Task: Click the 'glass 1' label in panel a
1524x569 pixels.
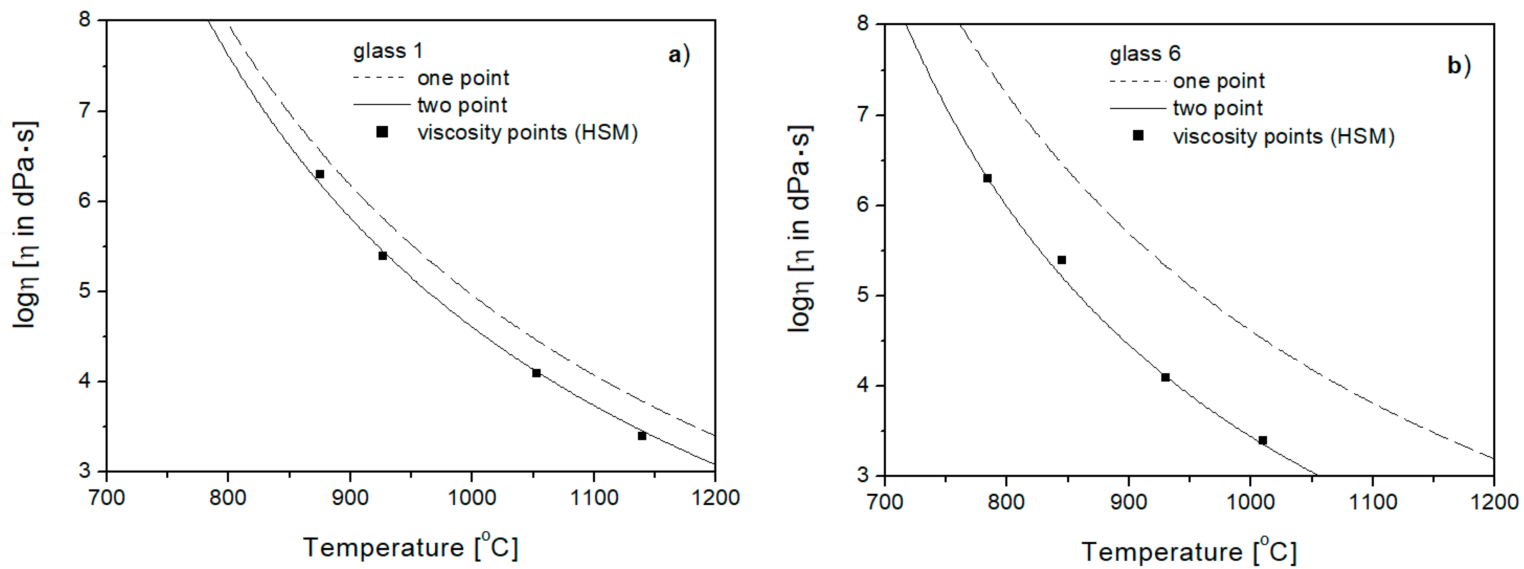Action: tap(388, 51)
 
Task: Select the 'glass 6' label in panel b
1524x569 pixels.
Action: tap(1145, 54)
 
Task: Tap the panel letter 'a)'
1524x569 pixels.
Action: tap(678, 55)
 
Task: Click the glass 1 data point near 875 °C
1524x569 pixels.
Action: tap(320, 174)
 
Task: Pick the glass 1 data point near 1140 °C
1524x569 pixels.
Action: tap(642, 436)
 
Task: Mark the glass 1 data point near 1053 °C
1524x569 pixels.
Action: tap(536, 373)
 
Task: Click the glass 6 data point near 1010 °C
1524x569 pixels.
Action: tap(1263, 441)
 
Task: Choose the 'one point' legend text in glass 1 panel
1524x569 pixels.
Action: tap(463, 78)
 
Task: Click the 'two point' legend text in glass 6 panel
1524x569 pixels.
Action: tap(1218, 109)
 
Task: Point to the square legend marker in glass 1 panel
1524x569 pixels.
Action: tap(382, 132)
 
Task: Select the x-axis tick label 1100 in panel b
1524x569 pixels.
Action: tap(1372, 502)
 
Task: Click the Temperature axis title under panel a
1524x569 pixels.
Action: tap(411, 547)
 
